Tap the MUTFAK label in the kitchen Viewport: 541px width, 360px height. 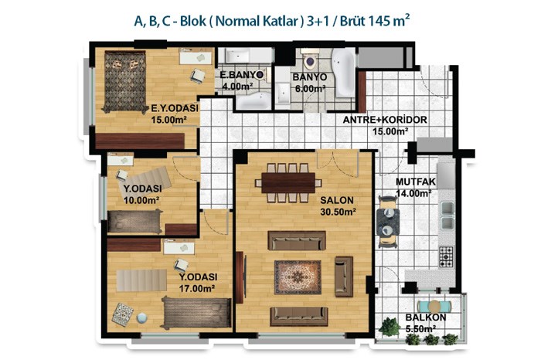click(x=416, y=182)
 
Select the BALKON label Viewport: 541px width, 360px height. click(x=426, y=318)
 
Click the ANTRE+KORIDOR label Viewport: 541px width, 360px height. click(x=385, y=120)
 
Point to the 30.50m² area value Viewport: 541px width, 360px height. click(x=339, y=212)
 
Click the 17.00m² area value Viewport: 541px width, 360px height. click(x=197, y=288)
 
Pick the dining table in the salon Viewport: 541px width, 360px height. click(x=288, y=183)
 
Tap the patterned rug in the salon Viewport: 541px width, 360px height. click(x=298, y=277)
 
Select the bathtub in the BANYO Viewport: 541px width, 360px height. click(x=344, y=73)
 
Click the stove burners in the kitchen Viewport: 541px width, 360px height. click(x=446, y=257)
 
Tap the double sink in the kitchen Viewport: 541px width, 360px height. click(x=447, y=216)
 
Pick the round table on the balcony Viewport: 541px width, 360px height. click(x=434, y=306)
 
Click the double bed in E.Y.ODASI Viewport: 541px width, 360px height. click(x=125, y=82)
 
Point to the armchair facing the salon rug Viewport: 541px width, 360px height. click(x=344, y=277)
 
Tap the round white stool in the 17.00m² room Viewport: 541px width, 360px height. click(x=141, y=318)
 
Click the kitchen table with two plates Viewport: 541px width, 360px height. click(x=388, y=222)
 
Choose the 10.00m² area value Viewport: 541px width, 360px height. click(x=141, y=200)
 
